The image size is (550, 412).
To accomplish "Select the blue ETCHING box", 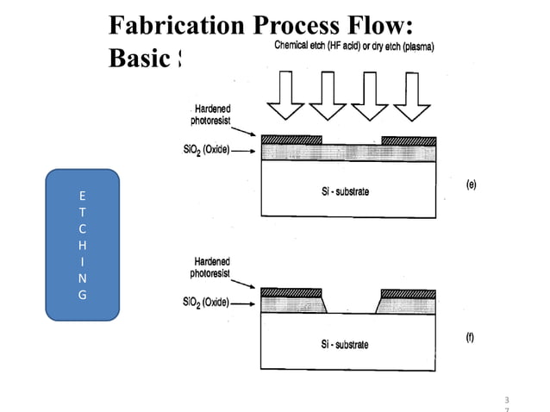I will point(81,245).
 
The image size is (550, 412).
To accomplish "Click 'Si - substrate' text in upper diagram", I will point(339,190).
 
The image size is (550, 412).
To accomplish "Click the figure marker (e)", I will point(470,184).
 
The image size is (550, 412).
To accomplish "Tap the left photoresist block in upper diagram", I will point(291,140).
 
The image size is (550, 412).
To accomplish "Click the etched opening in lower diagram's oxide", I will point(351,302).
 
